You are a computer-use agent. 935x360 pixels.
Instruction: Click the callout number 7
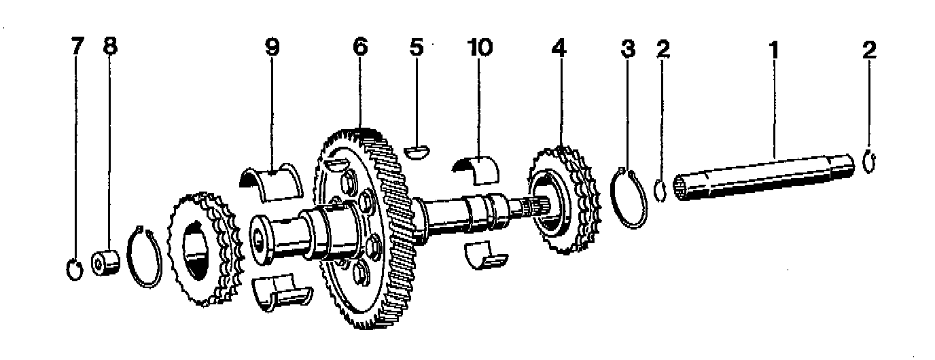tap(77, 48)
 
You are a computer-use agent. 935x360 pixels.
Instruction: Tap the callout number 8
tap(110, 48)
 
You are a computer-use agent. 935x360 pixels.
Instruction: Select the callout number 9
tap(272, 48)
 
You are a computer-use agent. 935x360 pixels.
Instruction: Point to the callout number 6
tap(359, 48)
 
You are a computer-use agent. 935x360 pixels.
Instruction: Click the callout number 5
tap(416, 48)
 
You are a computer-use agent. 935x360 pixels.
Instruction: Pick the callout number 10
tap(480, 48)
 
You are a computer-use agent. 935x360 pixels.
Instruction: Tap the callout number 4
tap(558, 48)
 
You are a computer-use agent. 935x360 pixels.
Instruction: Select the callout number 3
tap(628, 49)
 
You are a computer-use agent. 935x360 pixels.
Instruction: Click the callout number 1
tap(773, 49)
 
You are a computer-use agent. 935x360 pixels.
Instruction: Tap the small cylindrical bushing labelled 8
tap(107, 262)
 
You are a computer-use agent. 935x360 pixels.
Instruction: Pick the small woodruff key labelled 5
tap(417, 151)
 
